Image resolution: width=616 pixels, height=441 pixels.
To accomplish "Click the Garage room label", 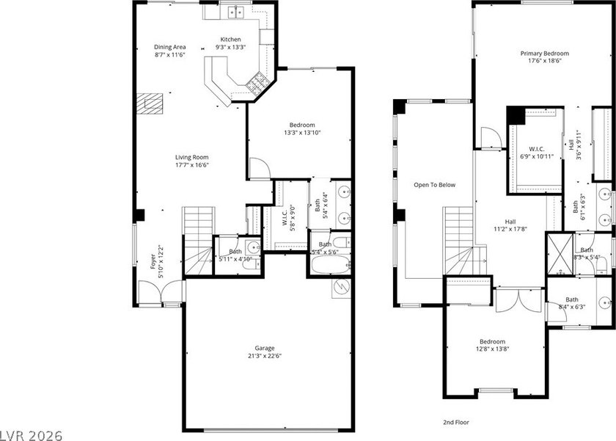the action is (265, 348).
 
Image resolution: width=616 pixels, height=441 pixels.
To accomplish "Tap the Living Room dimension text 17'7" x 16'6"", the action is (191, 164).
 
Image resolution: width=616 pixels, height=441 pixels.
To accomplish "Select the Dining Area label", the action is (169, 47).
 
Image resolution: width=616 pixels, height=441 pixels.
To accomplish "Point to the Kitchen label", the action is (230, 40).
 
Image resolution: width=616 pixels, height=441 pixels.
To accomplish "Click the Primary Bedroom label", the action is (544, 53).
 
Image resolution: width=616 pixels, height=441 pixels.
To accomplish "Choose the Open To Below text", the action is (434, 185).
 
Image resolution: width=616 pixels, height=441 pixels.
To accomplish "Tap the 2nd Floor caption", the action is (455, 423).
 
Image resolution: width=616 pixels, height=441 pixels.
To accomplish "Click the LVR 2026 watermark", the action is (32, 436).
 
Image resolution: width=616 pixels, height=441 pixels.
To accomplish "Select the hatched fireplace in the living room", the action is (150, 103).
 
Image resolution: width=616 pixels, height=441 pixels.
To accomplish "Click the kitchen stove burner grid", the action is (257, 83).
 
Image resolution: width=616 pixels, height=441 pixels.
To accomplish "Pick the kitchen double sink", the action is (235, 12).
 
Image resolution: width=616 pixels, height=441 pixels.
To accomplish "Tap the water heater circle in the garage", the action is (341, 288).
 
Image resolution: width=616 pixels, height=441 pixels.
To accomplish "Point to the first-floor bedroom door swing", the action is (260, 169).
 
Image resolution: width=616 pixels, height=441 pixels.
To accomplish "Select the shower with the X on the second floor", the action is (560, 253).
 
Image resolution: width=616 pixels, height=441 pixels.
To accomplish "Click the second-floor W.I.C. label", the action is (537, 149).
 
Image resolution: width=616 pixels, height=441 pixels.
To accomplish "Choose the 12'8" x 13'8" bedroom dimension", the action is (492, 349).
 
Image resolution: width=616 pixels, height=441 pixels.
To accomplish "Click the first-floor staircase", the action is (199, 241).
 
